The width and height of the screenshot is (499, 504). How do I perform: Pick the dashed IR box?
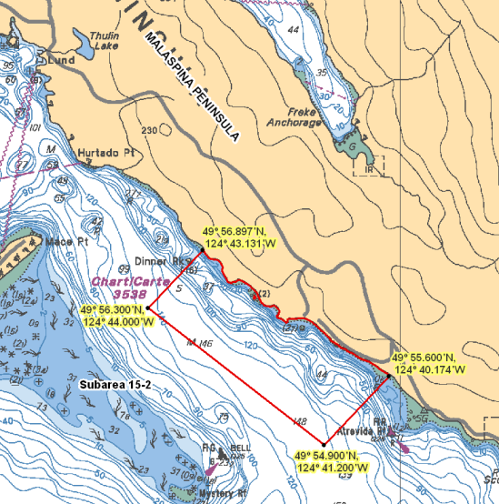point(371,166)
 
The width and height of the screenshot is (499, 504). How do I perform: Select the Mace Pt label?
point(68,242)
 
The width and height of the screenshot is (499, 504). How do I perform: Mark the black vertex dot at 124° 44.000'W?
point(147,308)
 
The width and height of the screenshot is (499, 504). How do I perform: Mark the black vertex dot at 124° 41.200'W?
point(324,444)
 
